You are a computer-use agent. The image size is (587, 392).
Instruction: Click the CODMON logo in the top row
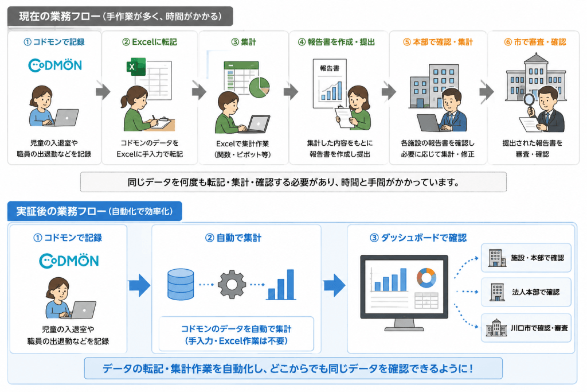coord(55,65)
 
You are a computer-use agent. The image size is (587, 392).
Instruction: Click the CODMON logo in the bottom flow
coord(69,261)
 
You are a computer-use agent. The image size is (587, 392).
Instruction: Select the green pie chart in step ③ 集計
coord(259,87)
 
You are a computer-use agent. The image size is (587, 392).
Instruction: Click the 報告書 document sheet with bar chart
coord(330,83)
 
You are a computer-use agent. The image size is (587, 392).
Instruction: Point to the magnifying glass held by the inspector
coord(529,103)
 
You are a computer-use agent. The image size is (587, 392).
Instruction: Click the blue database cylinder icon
coord(181,284)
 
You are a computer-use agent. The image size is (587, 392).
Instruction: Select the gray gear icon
coord(232,285)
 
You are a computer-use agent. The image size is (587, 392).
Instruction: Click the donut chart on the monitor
coord(426,278)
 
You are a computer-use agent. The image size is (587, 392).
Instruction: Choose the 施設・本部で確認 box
coord(526,258)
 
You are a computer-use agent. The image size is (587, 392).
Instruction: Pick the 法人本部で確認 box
coord(526,292)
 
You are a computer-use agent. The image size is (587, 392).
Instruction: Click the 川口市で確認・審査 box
coord(526,328)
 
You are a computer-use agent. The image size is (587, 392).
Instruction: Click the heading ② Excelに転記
coord(150,42)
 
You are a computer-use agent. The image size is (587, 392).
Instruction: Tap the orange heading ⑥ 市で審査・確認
coord(535,42)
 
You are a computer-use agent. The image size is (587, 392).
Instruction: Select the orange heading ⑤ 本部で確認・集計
coord(437,42)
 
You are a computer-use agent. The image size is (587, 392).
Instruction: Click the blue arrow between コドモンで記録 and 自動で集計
coord(139,285)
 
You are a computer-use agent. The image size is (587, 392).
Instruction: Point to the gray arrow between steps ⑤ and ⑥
coord(487,92)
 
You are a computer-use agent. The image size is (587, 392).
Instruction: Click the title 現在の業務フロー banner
coord(120,17)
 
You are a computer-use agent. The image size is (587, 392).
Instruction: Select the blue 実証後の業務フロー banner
coord(95,211)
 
